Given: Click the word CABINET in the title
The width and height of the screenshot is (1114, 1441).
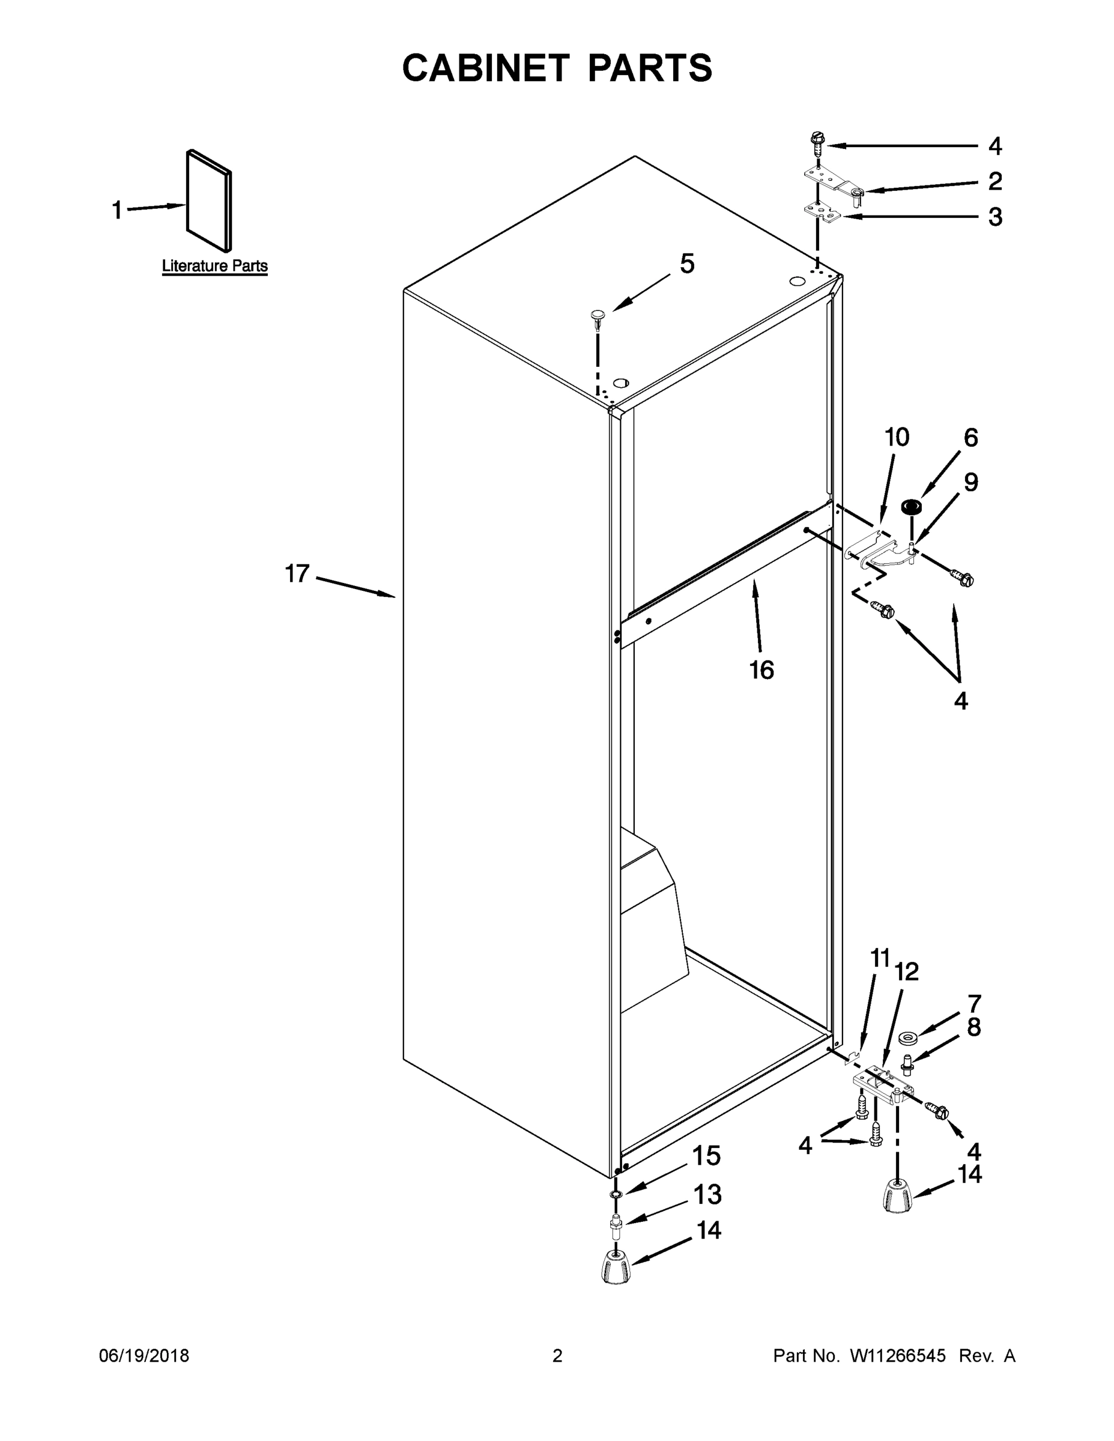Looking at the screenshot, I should pyautogui.click(x=486, y=68).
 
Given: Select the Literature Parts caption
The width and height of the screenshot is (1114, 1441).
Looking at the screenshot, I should pyautogui.click(x=214, y=266).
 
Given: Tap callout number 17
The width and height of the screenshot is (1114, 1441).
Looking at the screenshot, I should pyautogui.click(x=297, y=573).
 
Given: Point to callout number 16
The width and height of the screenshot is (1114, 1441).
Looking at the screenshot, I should pyautogui.click(x=761, y=669).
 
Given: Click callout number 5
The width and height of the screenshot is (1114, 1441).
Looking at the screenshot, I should pyautogui.click(x=687, y=264).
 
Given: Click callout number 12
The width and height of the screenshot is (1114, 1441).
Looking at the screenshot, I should pyautogui.click(x=907, y=972).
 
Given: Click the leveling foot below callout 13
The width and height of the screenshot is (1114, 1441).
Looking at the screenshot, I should pyautogui.click(x=616, y=1267).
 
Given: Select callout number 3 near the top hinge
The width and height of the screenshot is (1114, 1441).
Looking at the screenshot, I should pyautogui.click(x=995, y=216).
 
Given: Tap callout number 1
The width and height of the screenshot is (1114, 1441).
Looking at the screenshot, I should pyautogui.click(x=117, y=211).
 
